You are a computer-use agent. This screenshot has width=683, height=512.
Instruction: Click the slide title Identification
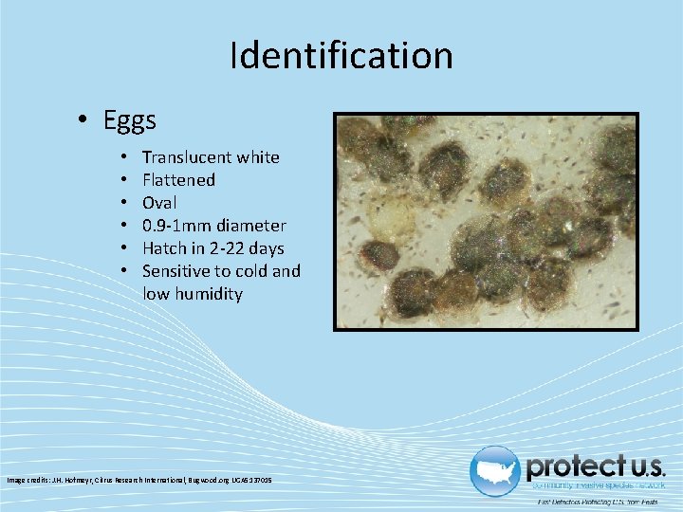[341, 56]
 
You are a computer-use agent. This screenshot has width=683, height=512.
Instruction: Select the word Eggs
[130, 121]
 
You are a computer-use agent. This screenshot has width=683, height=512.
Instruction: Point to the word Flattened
[178, 180]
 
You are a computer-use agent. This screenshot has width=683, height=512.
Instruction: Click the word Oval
[159, 203]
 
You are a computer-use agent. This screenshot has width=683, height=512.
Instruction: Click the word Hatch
[165, 248]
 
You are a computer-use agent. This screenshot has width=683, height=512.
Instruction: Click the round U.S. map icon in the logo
[494, 471]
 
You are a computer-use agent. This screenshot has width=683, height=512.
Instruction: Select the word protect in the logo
[571, 466]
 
